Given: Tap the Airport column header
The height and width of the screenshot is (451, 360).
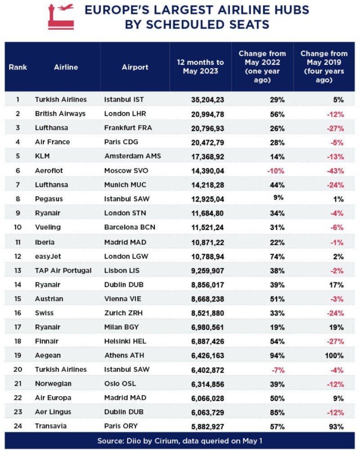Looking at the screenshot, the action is (x=135, y=67).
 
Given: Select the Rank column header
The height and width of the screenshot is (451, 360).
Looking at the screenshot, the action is (x=18, y=67).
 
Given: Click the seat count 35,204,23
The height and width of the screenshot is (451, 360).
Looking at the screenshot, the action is (x=207, y=100).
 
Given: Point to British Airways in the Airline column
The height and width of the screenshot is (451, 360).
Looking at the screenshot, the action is (x=60, y=113).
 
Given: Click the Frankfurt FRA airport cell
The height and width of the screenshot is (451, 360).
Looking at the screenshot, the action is (x=128, y=128).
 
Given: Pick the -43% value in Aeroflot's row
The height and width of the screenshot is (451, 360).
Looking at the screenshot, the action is (x=335, y=171).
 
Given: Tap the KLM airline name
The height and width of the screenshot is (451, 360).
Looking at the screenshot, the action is (x=42, y=156).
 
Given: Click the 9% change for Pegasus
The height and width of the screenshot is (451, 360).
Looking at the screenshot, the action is (x=279, y=198).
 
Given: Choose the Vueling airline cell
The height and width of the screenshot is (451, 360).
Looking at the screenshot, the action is (x=48, y=227).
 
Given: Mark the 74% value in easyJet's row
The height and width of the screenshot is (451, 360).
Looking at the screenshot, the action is (x=277, y=257).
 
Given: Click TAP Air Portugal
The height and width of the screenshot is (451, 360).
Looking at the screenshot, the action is (x=63, y=271).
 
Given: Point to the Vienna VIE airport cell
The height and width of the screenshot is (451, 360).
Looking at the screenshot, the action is (x=123, y=299).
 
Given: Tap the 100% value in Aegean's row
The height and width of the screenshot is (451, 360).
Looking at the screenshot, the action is (x=334, y=356).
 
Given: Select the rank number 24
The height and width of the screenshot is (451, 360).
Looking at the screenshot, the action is (x=18, y=426).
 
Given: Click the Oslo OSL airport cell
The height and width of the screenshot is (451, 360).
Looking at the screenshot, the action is (x=120, y=383).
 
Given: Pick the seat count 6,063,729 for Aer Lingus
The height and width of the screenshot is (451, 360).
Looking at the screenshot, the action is (x=207, y=412).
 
